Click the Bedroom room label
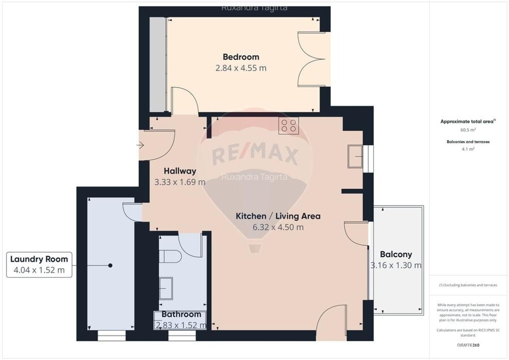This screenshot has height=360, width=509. pyautogui.click(x=241, y=57)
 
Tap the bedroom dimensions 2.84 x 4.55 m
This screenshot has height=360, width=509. pyautogui.click(x=241, y=68)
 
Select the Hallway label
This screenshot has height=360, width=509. pyautogui.click(x=180, y=171)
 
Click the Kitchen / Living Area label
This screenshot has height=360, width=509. pyautogui.click(x=278, y=216)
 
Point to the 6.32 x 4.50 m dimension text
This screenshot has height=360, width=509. pyautogui.click(x=278, y=227)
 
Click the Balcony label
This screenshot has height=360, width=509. pyautogui.click(x=396, y=254)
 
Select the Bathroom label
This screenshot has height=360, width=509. pyautogui.click(x=181, y=315)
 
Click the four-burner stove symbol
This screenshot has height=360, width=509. pyautogui.click(x=288, y=126)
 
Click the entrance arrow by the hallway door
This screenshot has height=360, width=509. pyautogui.click(x=140, y=145)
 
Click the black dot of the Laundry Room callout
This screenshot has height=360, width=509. pyautogui.click(x=110, y=265)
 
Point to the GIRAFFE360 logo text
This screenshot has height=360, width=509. pyautogui.click(x=468, y=345)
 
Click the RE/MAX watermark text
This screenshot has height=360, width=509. pyautogui.click(x=255, y=154)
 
